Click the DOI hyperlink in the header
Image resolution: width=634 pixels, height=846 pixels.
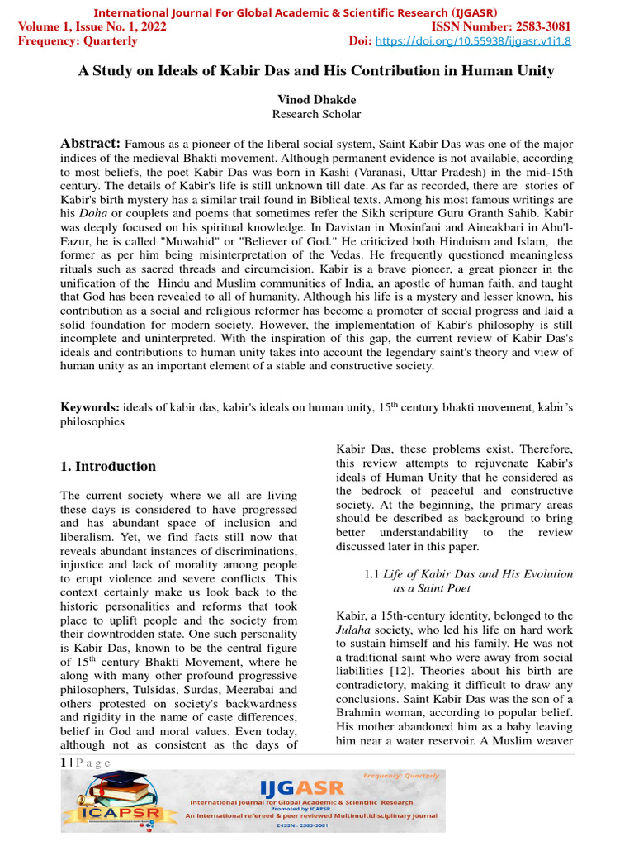pos(473,41)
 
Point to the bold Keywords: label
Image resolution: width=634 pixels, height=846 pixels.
pos(91,407)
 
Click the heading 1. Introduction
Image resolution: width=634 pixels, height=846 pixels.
pos(108,467)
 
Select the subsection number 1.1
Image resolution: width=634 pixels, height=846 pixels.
pos(372,574)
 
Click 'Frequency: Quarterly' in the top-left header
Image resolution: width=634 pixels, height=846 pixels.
pos(78,41)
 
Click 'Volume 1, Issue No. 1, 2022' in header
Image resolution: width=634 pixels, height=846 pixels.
pos(92,26)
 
